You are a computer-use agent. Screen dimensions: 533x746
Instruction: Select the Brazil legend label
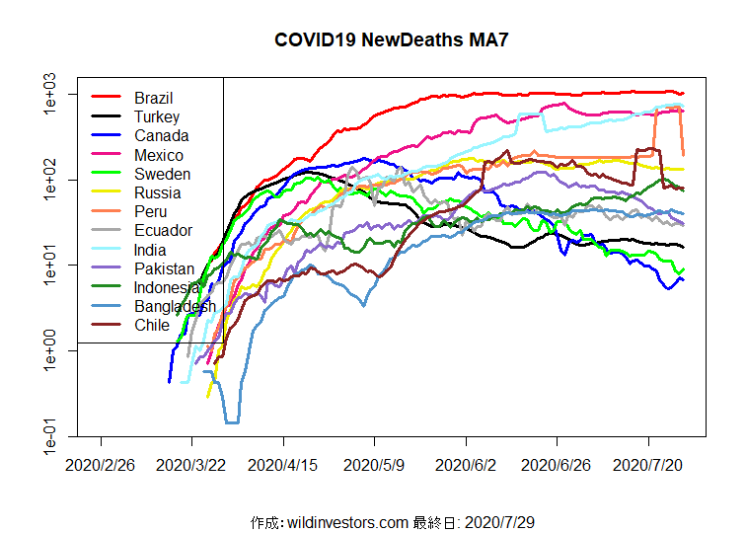pos(154,98)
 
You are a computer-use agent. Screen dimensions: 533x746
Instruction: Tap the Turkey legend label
pos(157,116)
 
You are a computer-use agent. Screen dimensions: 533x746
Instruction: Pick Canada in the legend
pos(162,135)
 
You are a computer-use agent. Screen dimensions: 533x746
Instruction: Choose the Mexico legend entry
pos(159,155)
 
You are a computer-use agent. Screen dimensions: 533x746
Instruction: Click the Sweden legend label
pos(163,174)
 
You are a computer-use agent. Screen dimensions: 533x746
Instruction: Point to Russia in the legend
pos(158,192)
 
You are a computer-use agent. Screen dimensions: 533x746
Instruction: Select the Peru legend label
pos(151,211)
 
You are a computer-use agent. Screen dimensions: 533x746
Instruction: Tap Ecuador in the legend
pos(164,230)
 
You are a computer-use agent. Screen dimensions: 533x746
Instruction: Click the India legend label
pos(150,250)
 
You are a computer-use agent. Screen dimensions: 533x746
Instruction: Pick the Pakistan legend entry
pos(165,268)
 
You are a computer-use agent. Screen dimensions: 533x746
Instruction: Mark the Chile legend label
pos(152,325)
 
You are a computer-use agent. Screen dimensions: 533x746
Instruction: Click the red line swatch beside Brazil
pos(106,98)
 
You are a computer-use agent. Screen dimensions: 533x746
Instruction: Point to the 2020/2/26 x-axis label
pos(101,463)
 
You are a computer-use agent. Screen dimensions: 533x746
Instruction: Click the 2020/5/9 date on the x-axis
pos(375,463)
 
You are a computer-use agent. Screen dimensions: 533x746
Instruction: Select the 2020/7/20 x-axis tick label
pos(649,463)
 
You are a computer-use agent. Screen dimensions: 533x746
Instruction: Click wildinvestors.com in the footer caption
pos(346,521)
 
